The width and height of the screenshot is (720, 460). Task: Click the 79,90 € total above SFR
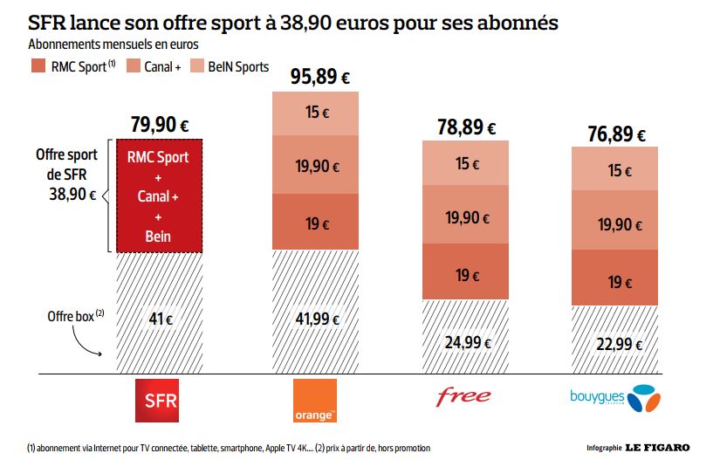(x=161, y=124)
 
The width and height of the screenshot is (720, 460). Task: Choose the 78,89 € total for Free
(x=465, y=128)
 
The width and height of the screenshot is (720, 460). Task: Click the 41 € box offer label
(x=161, y=319)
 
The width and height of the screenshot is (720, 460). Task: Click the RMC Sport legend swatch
(x=38, y=66)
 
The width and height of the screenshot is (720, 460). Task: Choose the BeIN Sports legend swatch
(x=198, y=66)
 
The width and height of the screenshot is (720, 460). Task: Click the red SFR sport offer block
(x=159, y=196)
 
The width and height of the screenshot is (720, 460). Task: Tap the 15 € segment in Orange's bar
(x=313, y=113)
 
